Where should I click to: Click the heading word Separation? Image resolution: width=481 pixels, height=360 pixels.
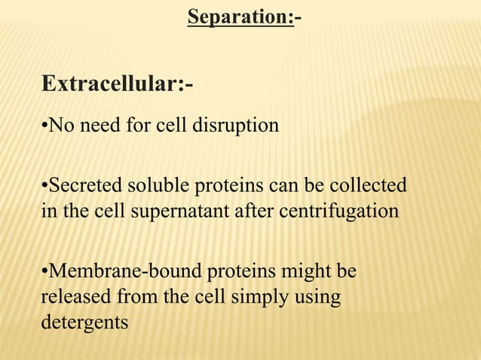pyautogui.click(x=240, y=17)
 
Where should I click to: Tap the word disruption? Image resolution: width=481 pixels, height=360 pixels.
pyautogui.click(x=239, y=124)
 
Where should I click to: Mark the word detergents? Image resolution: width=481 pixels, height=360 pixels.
pyautogui.click(x=84, y=323)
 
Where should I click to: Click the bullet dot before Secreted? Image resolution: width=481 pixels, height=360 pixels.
pyautogui.click(x=44, y=185)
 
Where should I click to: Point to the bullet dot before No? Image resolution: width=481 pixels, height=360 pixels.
pyautogui.click(x=44, y=124)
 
